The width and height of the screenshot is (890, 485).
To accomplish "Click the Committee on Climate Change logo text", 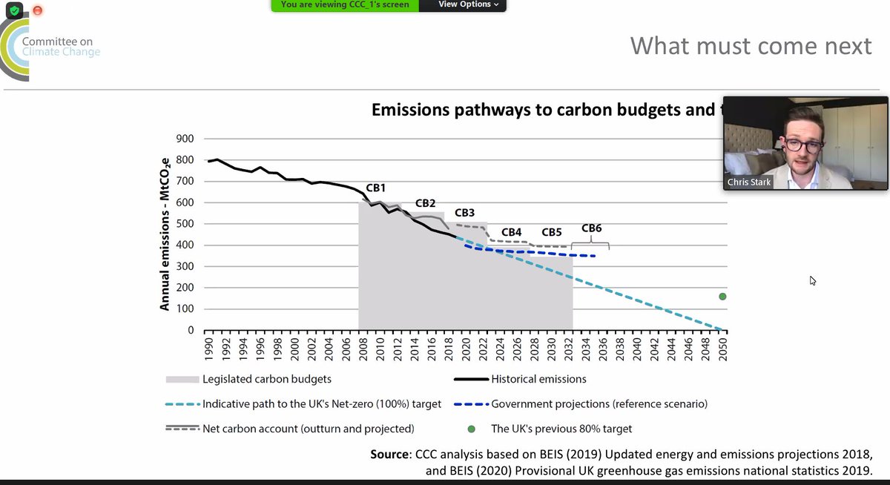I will [x=60, y=47].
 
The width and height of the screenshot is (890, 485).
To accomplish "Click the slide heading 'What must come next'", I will [x=751, y=46].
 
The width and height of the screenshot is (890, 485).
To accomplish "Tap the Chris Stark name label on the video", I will [x=748, y=182].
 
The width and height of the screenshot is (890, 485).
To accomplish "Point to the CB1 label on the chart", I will [x=377, y=188].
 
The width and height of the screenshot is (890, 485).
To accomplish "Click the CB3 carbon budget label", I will [x=464, y=212].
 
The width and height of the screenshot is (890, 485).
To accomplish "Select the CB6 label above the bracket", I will [x=592, y=228].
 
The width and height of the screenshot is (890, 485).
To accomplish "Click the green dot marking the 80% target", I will [x=722, y=297].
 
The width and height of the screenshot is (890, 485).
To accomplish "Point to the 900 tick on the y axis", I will [x=185, y=139].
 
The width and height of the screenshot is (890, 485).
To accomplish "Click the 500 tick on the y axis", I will [x=185, y=224].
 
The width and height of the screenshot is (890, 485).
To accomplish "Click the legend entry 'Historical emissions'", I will [x=538, y=379].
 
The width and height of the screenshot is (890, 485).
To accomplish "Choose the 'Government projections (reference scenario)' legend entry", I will [x=599, y=404].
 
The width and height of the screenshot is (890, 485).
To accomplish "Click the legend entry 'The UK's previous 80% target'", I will [x=561, y=429].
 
